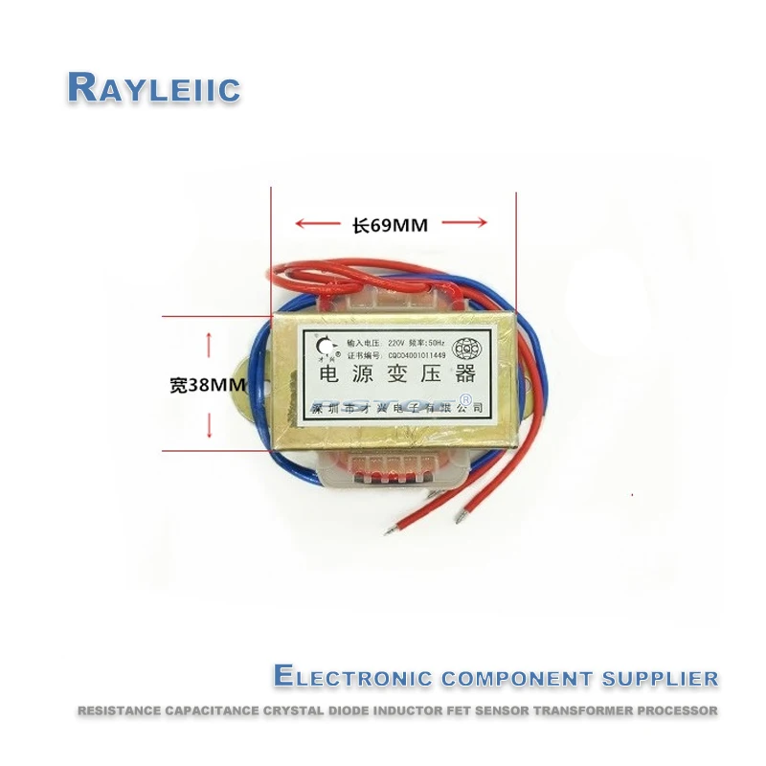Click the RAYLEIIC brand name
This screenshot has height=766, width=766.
pos(153,88)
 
